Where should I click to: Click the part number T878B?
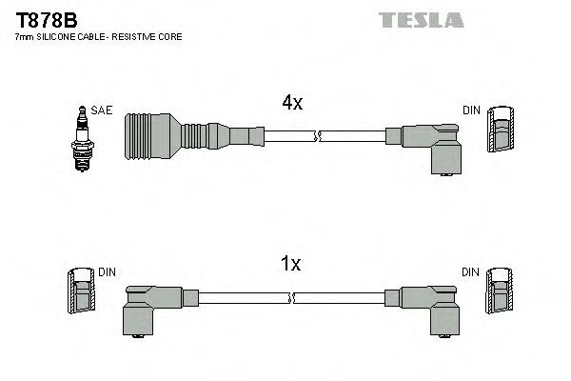click(45, 18)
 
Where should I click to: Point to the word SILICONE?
click(56, 36)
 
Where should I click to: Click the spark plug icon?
click(83, 139)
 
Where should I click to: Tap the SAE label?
click(104, 110)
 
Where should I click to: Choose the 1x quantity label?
click(292, 264)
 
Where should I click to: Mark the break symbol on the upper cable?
click(321, 137)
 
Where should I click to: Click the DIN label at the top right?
click(471, 110)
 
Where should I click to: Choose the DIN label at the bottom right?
click(471, 272)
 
